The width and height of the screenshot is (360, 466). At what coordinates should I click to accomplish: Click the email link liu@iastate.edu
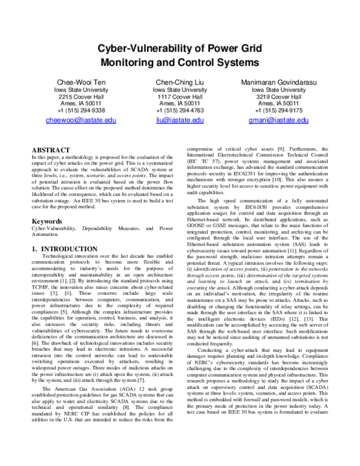pyautogui.click(x=179, y=121)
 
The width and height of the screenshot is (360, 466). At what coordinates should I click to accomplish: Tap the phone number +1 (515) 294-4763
pyautogui.click(x=179, y=110)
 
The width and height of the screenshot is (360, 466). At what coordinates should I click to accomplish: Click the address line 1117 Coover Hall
pyautogui.click(x=179, y=97)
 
